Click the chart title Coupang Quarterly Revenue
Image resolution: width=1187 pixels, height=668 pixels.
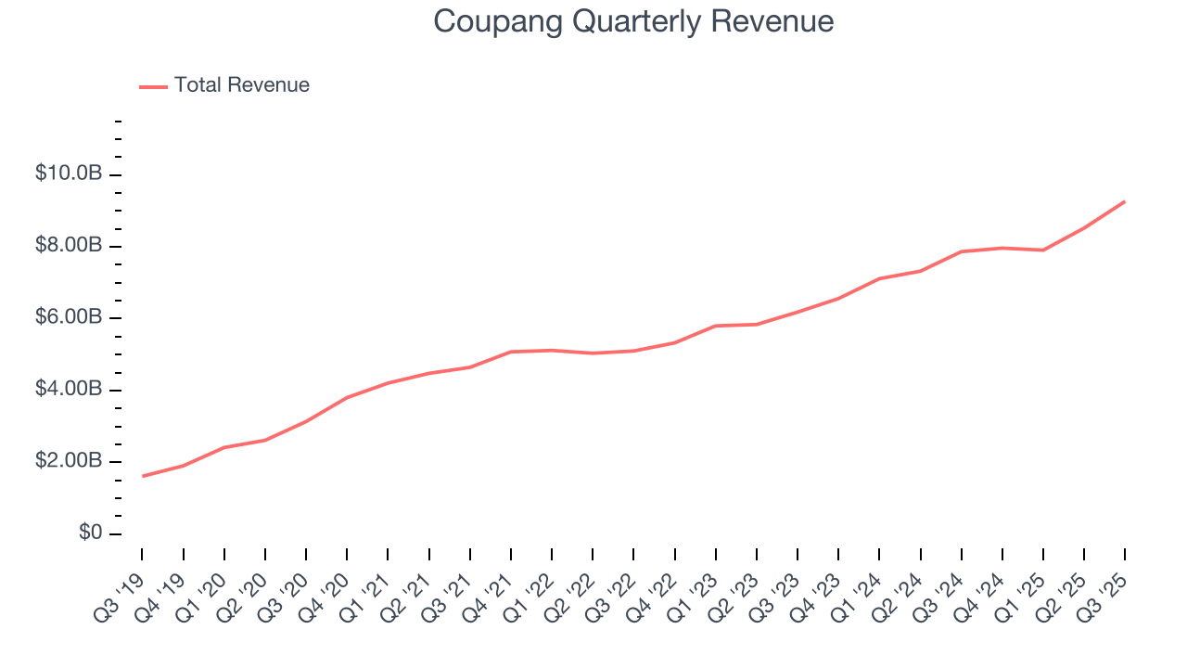tap(633, 21)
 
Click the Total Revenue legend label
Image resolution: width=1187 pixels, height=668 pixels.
tap(241, 85)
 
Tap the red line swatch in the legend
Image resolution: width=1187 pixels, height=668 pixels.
tap(153, 86)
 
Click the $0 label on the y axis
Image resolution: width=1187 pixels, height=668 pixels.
tap(90, 533)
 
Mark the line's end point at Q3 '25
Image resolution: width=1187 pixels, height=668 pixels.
tap(1125, 201)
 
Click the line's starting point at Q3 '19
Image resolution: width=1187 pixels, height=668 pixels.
tap(143, 476)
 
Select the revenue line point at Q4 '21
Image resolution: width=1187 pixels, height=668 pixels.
tap(511, 352)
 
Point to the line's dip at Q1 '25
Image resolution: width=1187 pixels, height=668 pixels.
tap(1043, 250)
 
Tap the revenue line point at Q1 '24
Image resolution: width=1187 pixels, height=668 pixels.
tap(879, 278)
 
